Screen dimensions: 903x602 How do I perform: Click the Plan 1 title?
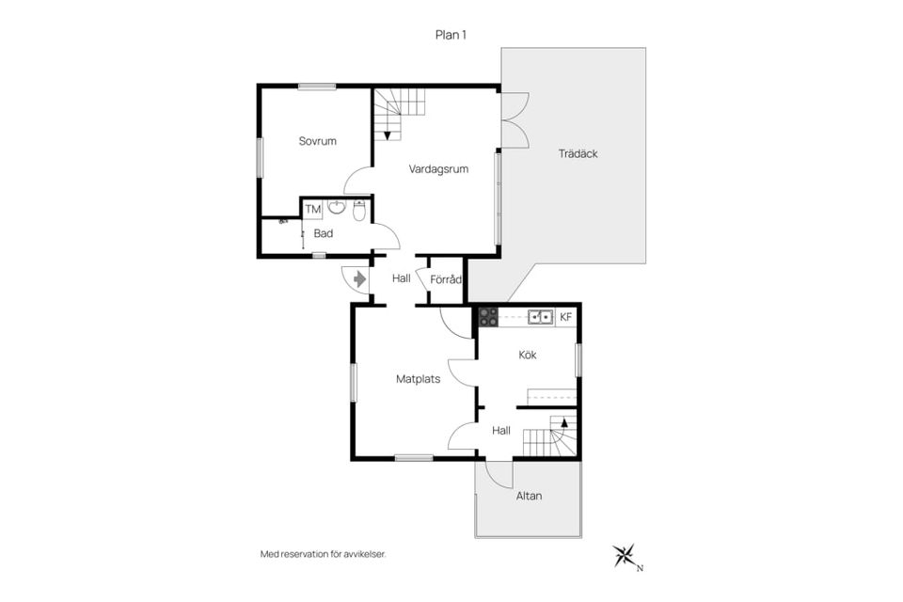(451, 35)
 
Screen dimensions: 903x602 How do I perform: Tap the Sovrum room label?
(317, 141)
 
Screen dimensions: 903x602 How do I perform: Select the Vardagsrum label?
(438, 169)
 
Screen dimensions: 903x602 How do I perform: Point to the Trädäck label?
(578, 154)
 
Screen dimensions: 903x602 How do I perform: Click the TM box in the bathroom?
(312, 209)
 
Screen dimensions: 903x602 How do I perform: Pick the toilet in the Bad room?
(358, 212)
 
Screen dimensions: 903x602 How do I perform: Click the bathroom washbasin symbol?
(337, 207)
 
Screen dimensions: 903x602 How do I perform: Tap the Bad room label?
(323, 234)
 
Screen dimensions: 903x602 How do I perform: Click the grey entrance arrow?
(360, 279)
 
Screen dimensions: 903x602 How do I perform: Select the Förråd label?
(446, 280)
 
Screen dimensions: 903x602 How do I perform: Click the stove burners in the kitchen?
(489, 317)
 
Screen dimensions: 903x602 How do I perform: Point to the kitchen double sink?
(541, 316)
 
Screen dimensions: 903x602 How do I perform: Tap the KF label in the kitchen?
(566, 317)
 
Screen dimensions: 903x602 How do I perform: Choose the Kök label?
(528, 355)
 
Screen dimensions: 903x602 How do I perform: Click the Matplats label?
(418, 379)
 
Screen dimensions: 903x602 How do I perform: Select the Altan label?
(529, 496)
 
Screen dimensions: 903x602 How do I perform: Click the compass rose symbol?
(624, 555)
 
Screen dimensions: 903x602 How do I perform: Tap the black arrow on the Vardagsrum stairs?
(388, 135)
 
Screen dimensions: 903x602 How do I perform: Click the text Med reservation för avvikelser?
(323, 555)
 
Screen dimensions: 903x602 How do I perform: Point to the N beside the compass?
(640, 568)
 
